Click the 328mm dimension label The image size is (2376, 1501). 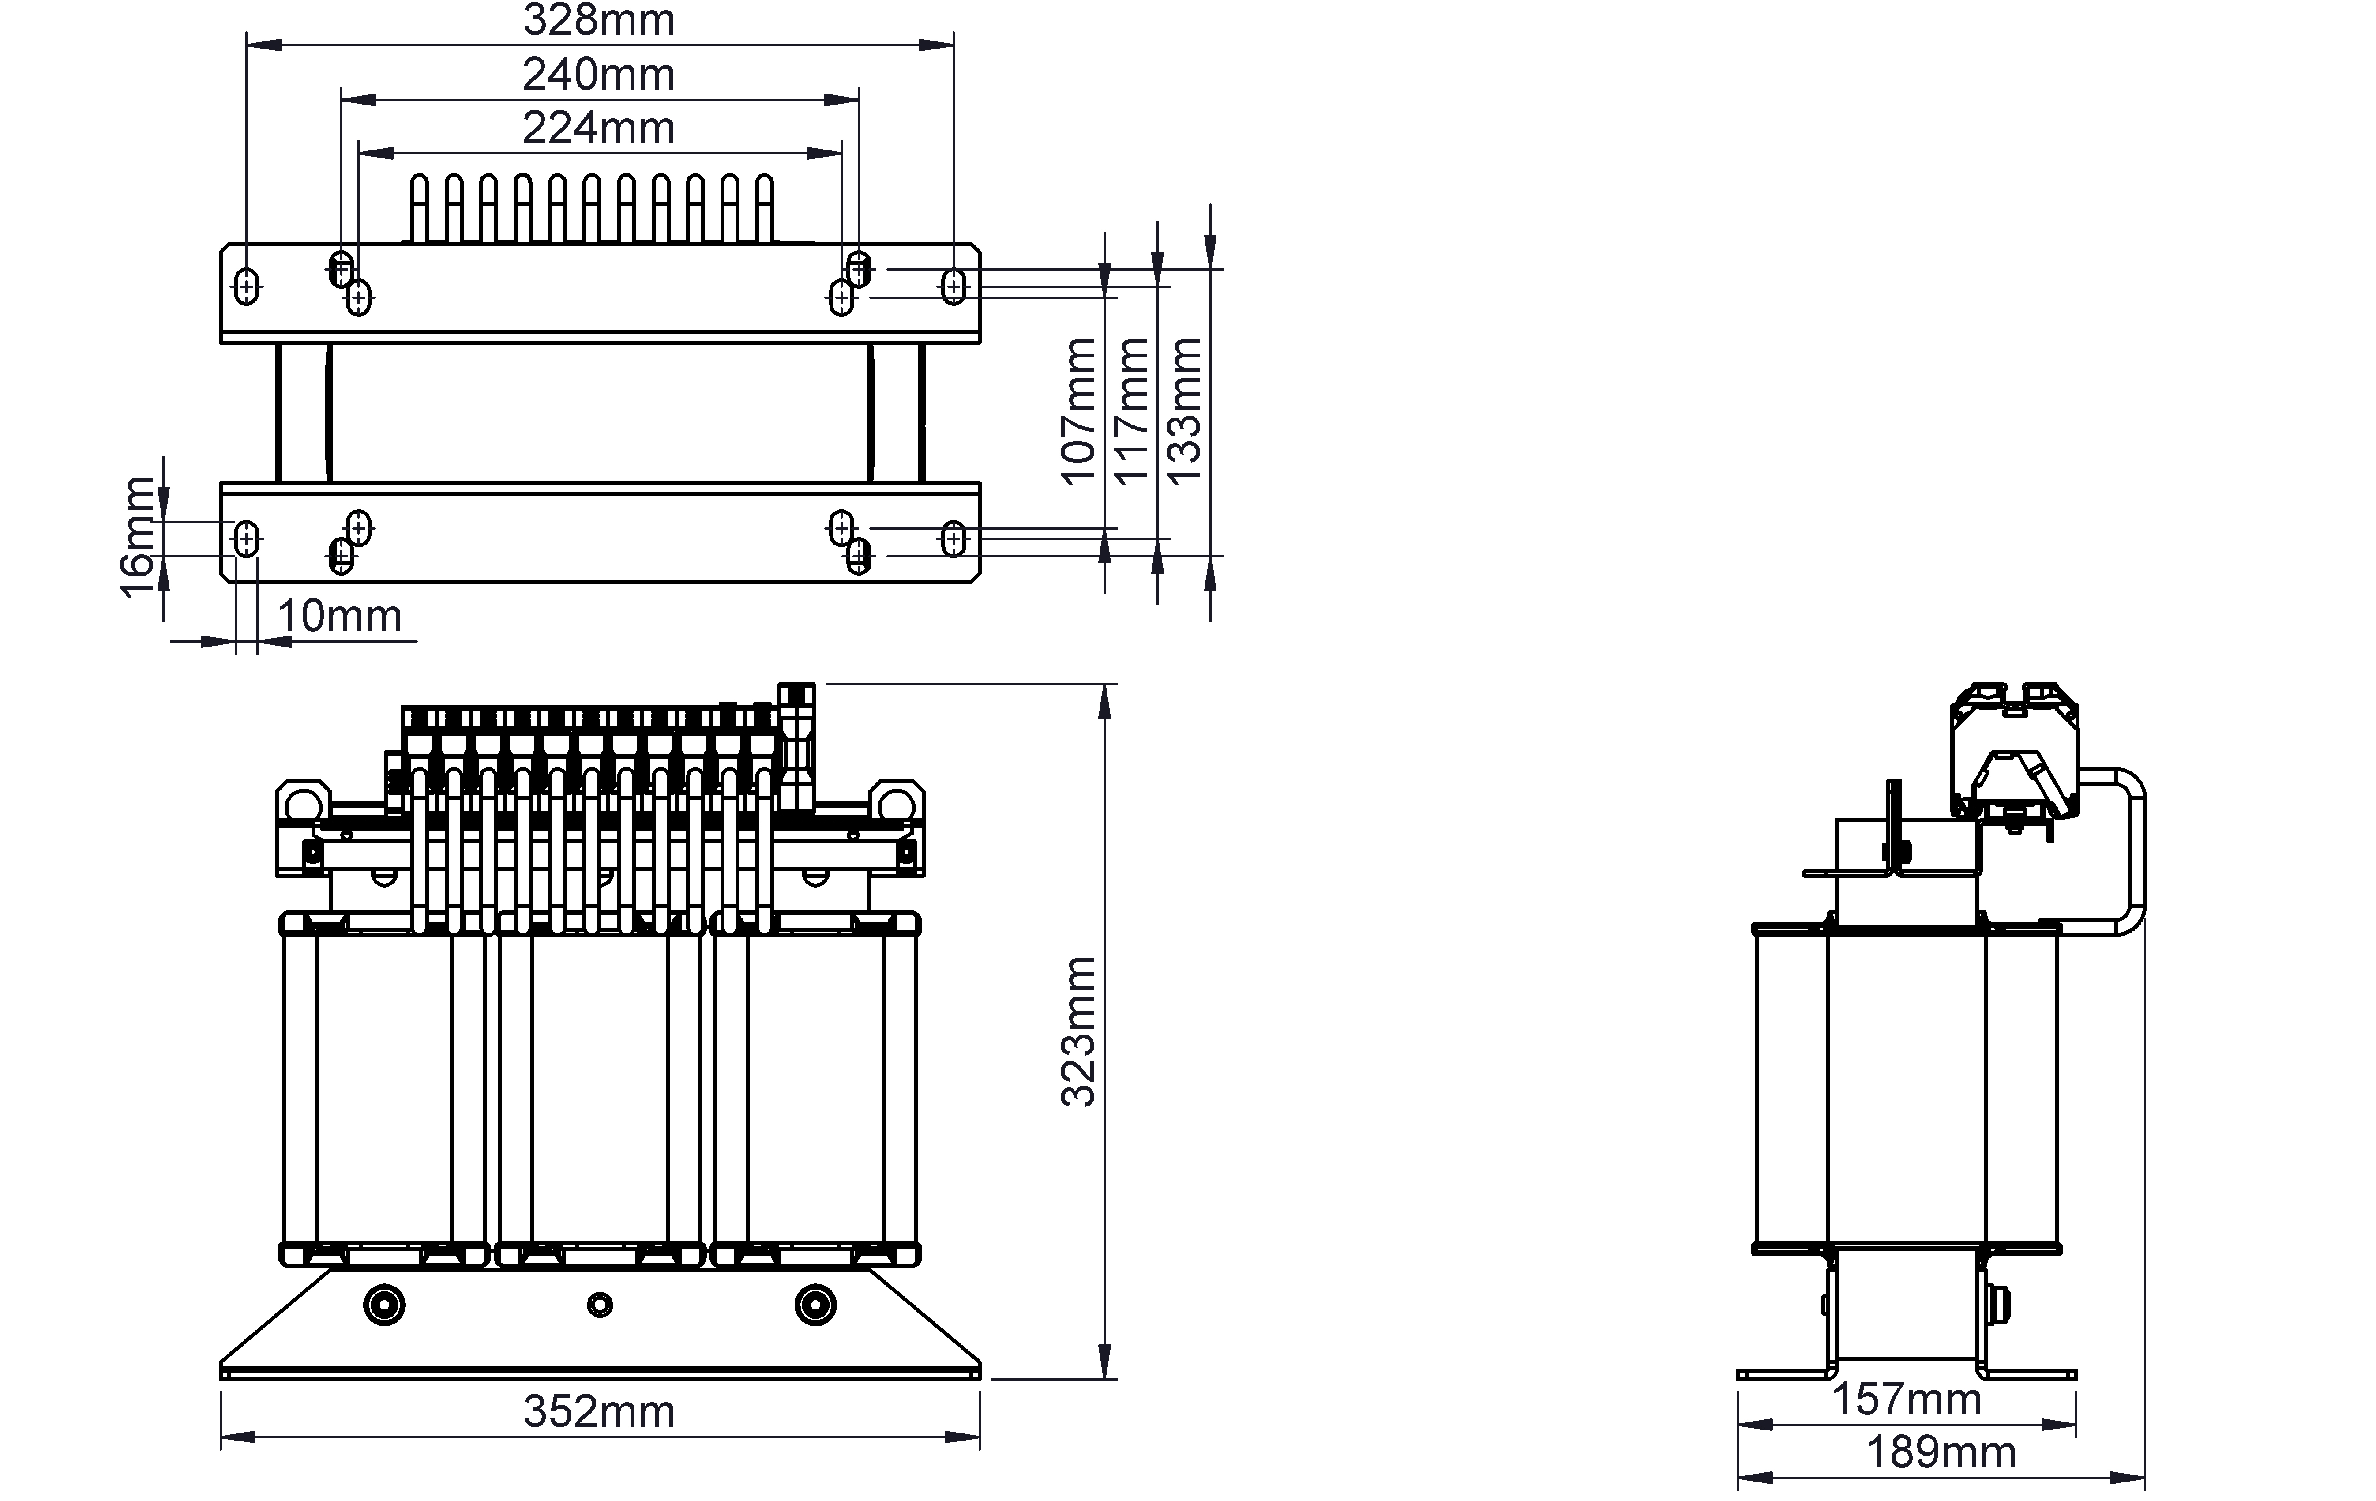click(x=599, y=21)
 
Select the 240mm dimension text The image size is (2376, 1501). click(x=599, y=75)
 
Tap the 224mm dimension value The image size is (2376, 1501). click(x=599, y=128)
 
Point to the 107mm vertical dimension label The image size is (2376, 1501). click(x=1078, y=411)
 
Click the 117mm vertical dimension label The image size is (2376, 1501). click(x=1132, y=411)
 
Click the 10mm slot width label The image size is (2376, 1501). click(x=339, y=617)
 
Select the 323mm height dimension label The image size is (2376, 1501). click(x=1078, y=1032)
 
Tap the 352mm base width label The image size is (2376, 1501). click(x=599, y=1412)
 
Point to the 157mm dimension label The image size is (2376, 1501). click(x=1907, y=1399)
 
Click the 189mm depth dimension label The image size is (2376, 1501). click(x=1941, y=1452)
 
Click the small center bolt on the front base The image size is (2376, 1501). click(x=600, y=1305)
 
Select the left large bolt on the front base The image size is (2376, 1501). click(x=385, y=1305)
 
